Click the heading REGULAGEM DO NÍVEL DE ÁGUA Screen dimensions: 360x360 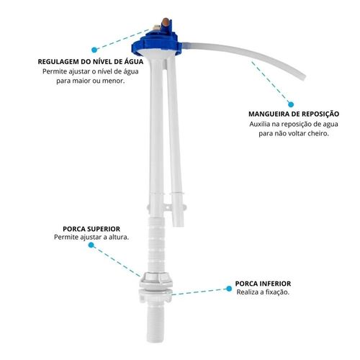pos(91,61)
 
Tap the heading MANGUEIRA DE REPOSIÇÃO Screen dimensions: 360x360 pos(294,114)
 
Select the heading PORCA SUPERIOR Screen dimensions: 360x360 pos(91,229)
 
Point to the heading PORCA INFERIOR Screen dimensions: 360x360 pos(263,284)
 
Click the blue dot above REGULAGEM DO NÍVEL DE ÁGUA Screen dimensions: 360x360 pos(94,50)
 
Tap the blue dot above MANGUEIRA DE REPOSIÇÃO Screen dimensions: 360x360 pos(291,104)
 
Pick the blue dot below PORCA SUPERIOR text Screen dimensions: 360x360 pos(91,245)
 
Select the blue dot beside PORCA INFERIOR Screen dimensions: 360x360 pos(229,289)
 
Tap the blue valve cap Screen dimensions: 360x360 pos(156,41)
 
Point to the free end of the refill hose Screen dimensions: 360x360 pos(303,77)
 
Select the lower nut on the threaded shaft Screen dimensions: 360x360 pos(156,294)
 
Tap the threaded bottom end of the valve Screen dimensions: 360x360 pos(156,322)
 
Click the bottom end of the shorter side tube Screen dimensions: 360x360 pos(179,225)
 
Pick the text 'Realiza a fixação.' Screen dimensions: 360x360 pos(263,292)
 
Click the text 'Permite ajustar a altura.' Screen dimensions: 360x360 pos(91,237)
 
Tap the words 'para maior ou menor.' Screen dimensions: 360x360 pos(91,81)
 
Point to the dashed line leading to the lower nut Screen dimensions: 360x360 pos(199,292)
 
